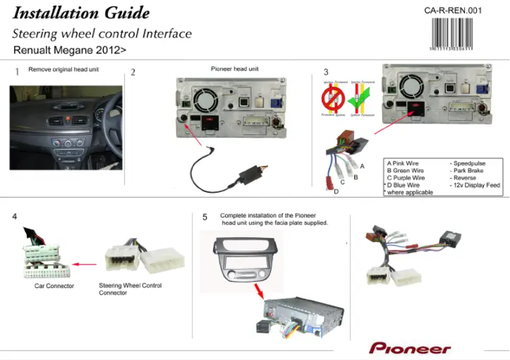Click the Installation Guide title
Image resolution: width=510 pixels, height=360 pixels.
point(81,13)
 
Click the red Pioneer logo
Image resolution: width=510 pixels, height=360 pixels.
point(410,349)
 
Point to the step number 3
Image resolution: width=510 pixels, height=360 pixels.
point(326,72)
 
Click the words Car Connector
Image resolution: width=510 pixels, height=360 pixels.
point(54,286)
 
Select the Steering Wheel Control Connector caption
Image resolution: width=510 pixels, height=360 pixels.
point(130,289)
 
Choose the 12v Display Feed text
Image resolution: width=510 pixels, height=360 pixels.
point(475,185)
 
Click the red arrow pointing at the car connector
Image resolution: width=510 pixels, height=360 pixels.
point(83,263)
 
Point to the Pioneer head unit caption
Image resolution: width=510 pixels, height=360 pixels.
point(235,69)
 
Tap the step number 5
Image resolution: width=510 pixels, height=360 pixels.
point(205,217)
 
